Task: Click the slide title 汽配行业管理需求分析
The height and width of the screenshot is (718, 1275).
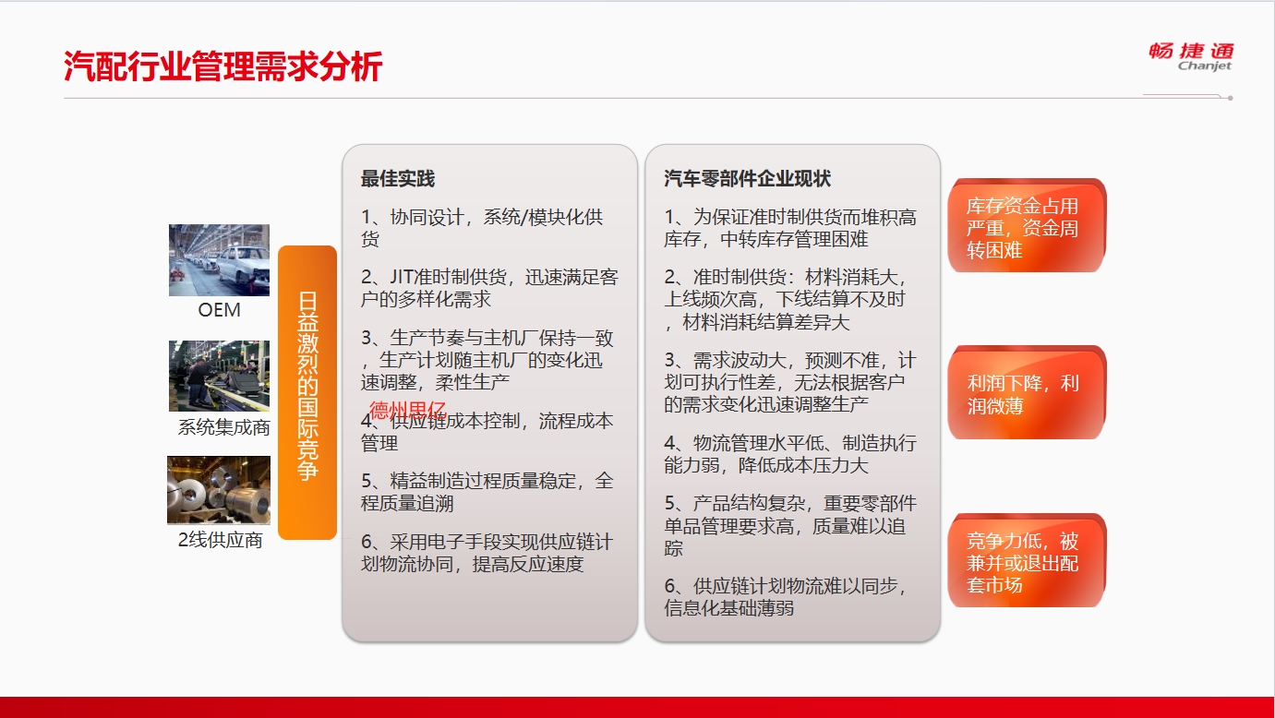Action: tap(223, 66)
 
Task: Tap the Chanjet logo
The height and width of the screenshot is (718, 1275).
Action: tap(1191, 56)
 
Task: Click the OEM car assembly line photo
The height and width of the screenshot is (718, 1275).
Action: tap(219, 260)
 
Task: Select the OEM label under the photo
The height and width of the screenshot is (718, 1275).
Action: tap(219, 310)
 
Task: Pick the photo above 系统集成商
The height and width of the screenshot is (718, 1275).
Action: tap(219, 376)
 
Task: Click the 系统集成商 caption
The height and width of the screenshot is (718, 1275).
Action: tap(223, 427)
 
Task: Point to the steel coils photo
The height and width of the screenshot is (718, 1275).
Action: tap(219, 490)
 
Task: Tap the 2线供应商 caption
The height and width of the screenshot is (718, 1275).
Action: tap(221, 540)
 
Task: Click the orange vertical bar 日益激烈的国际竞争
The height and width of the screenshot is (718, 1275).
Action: tap(307, 392)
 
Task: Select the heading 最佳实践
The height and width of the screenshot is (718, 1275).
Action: tap(397, 179)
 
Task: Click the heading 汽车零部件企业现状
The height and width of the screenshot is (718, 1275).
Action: tap(747, 179)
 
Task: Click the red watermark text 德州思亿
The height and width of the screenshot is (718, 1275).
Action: tap(407, 410)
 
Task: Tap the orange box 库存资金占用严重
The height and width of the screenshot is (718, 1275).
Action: tap(1027, 225)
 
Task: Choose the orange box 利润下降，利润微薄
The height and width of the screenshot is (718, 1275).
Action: tap(1027, 392)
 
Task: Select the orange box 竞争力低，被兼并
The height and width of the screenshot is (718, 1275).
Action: tap(1027, 560)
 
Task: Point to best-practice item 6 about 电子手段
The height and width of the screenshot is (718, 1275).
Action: tap(487, 553)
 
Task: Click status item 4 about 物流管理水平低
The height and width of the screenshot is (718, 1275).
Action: tap(790, 454)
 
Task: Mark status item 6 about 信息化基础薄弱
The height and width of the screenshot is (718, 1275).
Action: tap(786, 597)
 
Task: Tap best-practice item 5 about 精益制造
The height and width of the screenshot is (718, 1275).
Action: tap(487, 492)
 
